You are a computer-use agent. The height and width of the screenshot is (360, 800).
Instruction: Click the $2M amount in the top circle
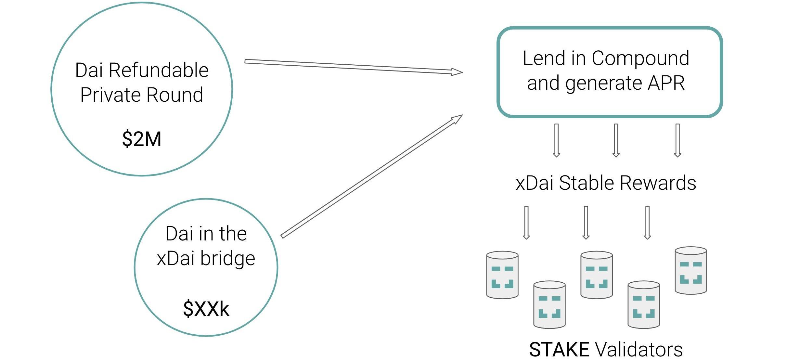[142, 139]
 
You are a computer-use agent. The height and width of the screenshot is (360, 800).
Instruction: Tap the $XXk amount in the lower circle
[206, 309]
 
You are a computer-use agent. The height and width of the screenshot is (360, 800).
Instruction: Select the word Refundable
[159, 70]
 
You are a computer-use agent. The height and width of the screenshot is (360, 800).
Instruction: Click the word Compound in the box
[640, 58]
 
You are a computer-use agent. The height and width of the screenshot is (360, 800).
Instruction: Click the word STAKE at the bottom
[559, 350]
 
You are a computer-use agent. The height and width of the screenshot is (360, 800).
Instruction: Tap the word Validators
[639, 350]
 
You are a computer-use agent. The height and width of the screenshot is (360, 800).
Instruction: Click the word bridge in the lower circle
[227, 259]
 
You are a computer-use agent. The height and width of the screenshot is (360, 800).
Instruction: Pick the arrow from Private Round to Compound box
[354, 67]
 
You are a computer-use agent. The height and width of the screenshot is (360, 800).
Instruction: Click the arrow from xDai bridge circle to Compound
[372, 176]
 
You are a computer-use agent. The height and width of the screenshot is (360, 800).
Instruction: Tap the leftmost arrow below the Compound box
[556, 140]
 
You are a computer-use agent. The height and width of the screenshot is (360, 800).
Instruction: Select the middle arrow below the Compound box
[616, 140]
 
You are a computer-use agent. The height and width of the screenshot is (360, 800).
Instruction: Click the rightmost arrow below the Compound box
[677, 140]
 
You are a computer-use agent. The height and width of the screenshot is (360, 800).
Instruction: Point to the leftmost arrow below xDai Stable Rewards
[526, 223]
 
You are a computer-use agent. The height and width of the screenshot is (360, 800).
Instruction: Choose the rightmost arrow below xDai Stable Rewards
[647, 223]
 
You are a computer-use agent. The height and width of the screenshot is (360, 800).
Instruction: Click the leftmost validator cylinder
[502, 275]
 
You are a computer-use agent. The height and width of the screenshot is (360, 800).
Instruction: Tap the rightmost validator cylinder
[691, 271]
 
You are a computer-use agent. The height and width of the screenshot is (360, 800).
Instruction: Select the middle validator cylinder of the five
[597, 275]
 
